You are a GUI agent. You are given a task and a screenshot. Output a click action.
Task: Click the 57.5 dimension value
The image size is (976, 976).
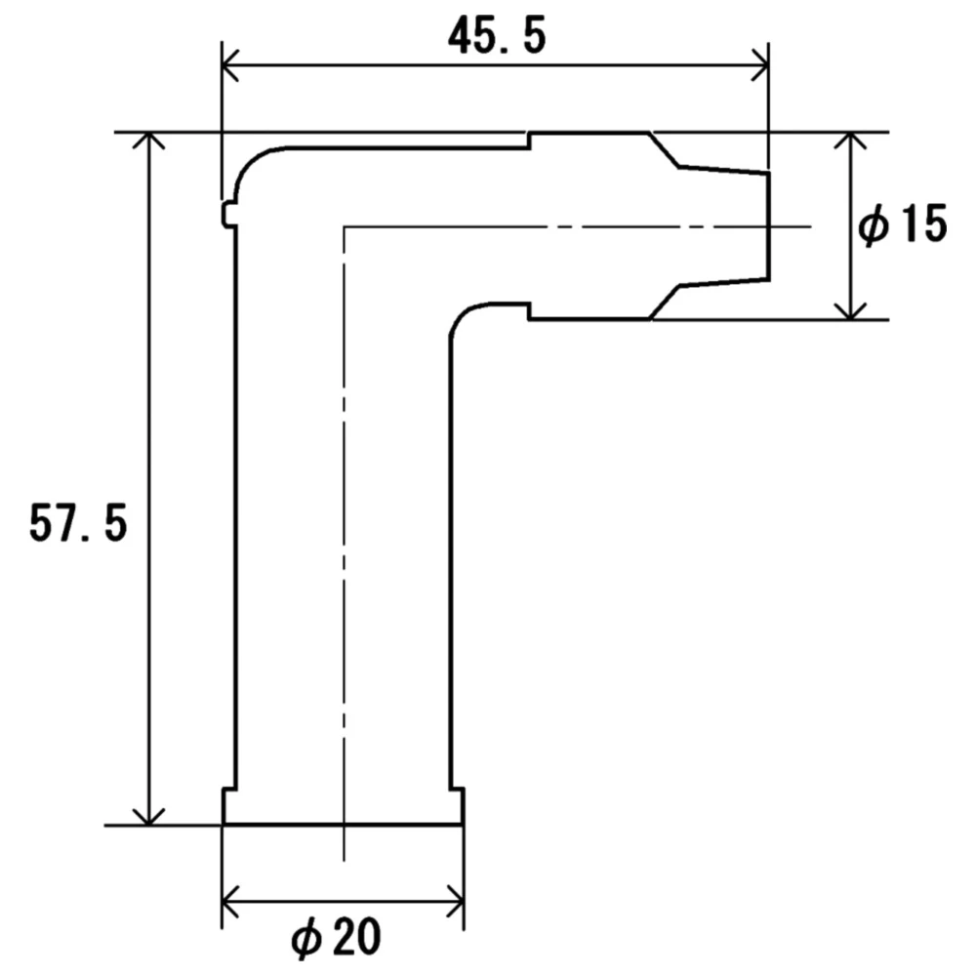tap(78, 523)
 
